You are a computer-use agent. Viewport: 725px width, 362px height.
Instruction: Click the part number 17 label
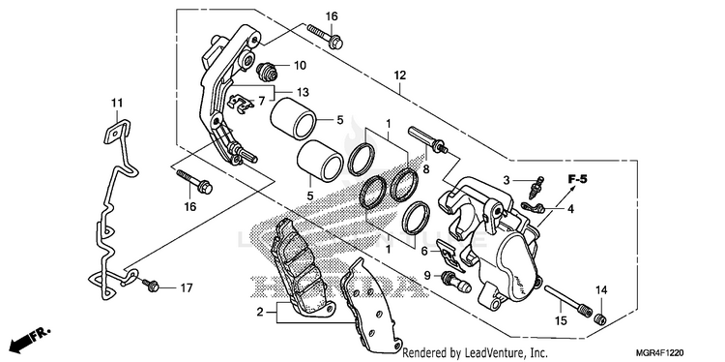coord(186,288)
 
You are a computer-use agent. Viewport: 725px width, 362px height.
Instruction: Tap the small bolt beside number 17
coord(151,286)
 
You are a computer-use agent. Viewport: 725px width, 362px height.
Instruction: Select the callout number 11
coord(117,102)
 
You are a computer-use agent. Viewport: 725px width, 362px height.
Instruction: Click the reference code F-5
coord(577,179)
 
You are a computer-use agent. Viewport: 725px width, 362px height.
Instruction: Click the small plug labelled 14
coord(600,318)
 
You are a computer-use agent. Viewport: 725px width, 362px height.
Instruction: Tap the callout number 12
coord(400,75)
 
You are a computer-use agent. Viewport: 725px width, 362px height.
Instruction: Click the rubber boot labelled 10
coord(267,71)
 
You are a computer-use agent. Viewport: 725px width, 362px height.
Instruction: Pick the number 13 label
coord(303,92)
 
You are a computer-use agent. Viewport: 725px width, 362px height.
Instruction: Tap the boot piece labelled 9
coord(456,281)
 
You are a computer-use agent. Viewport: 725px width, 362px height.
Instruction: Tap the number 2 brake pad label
coord(260,312)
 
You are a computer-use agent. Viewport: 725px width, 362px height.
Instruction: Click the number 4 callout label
coord(570,209)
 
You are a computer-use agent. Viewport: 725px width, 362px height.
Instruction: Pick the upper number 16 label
coord(332,16)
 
